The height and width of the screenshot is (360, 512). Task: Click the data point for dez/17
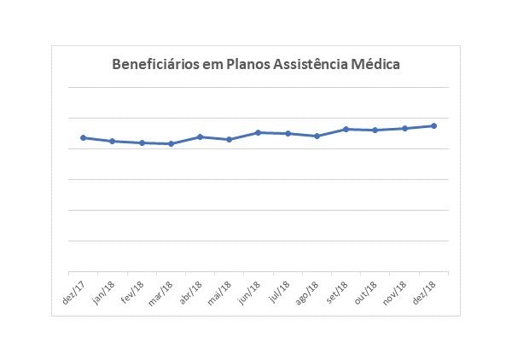pyautogui.click(x=83, y=137)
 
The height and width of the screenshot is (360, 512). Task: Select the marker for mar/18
pyautogui.click(x=171, y=143)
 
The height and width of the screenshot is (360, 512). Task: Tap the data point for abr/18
pyautogui.click(x=200, y=136)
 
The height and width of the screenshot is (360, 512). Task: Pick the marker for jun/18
pyautogui.click(x=258, y=132)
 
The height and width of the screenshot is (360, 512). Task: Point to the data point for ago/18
pyautogui.click(x=317, y=136)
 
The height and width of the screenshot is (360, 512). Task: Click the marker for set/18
pyautogui.click(x=346, y=129)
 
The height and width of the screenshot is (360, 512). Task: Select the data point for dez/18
pyautogui.click(x=433, y=125)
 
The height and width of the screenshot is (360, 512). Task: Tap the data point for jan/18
pyautogui.click(x=112, y=141)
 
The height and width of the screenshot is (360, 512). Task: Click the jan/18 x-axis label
pyautogui.click(x=106, y=289)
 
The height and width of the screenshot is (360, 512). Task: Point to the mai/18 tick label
pyautogui.click(x=223, y=289)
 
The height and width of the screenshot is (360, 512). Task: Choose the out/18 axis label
pyautogui.click(x=369, y=289)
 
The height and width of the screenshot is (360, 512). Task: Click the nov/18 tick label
pyautogui.click(x=398, y=289)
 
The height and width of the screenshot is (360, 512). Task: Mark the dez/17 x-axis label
pyautogui.click(x=76, y=289)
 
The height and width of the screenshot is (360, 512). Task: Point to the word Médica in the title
pyautogui.click(x=379, y=64)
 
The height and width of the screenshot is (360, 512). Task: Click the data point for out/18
pyautogui.click(x=375, y=130)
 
